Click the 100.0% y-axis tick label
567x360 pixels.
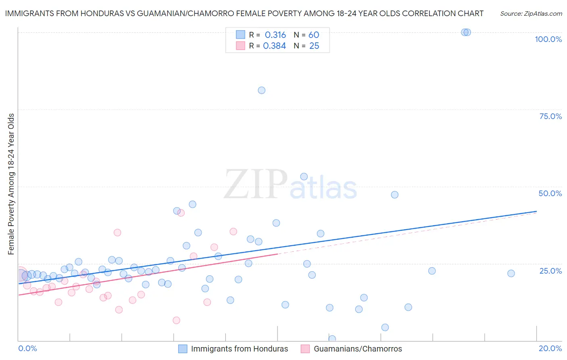point(548,39)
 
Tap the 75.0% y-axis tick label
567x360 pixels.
point(550,116)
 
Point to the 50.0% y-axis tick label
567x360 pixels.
point(550,193)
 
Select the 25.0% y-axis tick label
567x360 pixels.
point(550,271)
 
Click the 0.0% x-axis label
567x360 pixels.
point(27,348)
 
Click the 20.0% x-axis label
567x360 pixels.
point(550,348)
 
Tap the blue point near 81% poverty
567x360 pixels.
point(261,90)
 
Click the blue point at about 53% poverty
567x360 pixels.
point(304,176)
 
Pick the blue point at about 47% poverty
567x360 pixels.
point(394,195)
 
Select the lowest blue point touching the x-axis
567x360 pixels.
point(332,339)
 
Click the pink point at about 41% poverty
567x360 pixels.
point(181,213)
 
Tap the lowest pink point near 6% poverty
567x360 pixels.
point(176,320)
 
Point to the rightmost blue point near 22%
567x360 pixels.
point(511,273)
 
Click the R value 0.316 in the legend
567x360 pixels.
point(275,35)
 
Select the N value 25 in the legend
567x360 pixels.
point(314,46)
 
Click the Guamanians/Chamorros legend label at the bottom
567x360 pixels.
point(358,349)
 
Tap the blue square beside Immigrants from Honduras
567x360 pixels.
point(183,349)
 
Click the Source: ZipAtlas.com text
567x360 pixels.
point(531,14)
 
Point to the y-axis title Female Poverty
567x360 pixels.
point(11,184)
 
